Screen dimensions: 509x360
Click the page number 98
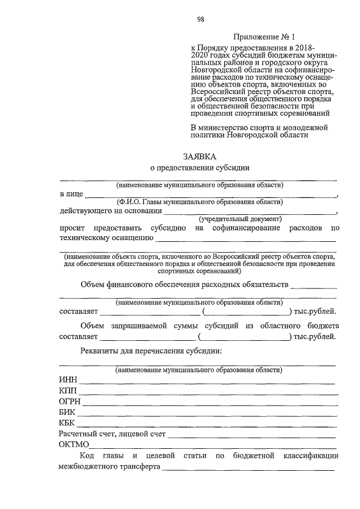pos(201,20)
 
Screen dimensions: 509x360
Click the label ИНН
pos(68,380)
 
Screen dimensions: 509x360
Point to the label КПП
pos(68,390)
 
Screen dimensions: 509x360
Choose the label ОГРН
pos(70,401)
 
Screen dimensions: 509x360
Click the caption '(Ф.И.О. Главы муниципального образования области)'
pos(199,202)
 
